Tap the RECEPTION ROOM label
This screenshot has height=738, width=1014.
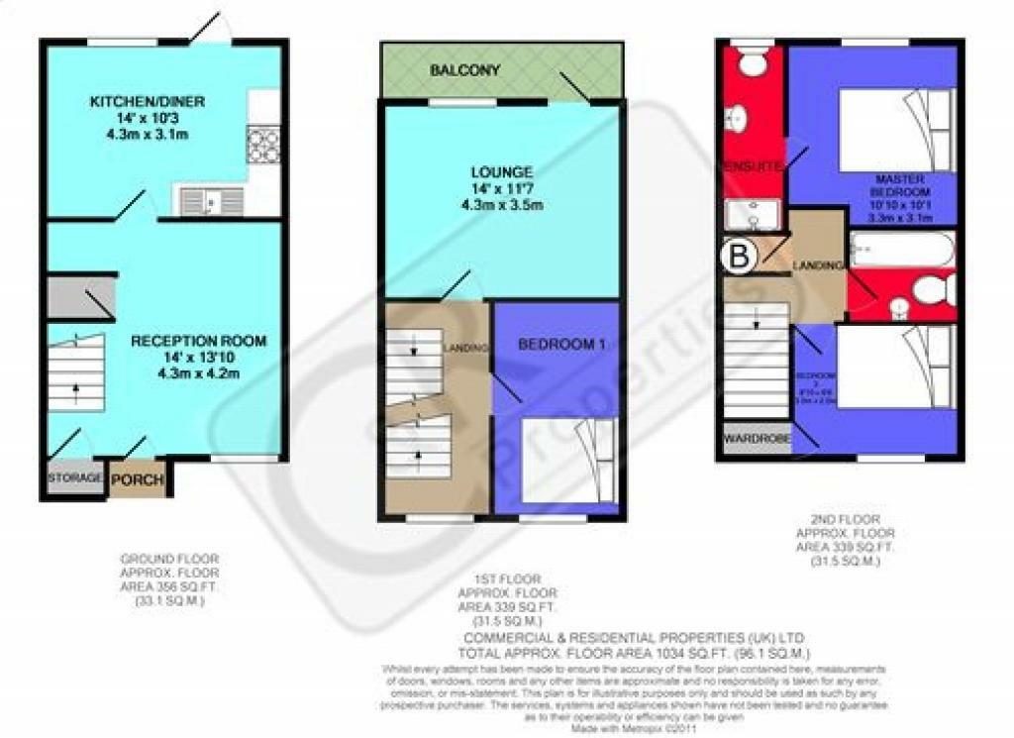(x=199, y=341)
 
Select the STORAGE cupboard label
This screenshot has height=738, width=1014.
(x=74, y=478)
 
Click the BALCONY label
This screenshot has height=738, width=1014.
(x=464, y=71)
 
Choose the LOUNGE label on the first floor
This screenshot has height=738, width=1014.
(x=502, y=171)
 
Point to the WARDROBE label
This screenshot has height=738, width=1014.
(x=755, y=437)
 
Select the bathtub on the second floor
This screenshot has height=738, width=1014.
(x=902, y=249)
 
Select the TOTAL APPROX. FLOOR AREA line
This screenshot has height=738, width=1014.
(x=634, y=654)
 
